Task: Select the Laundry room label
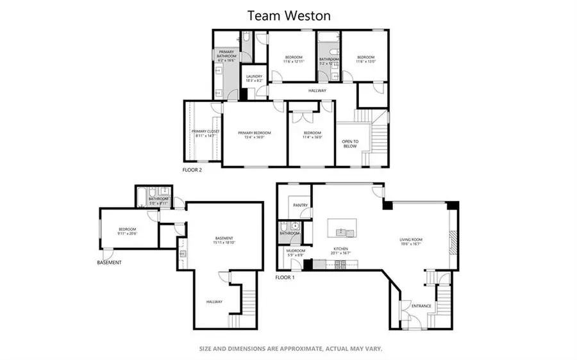pyautogui.click(x=255, y=79)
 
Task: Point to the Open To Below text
pyautogui.click(x=349, y=143)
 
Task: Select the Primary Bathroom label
pyautogui.click(x=227, y=54)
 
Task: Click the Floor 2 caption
pyautogui.click(x=192, y=170)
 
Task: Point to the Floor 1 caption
pyautogui.click(x=285, y=277)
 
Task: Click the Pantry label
pyautogui.click(x=300, y=206)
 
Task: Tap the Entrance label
pyautogui.click(x=420, y=306)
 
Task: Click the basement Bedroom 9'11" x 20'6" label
pyautogui.click(x=128, y=231)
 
